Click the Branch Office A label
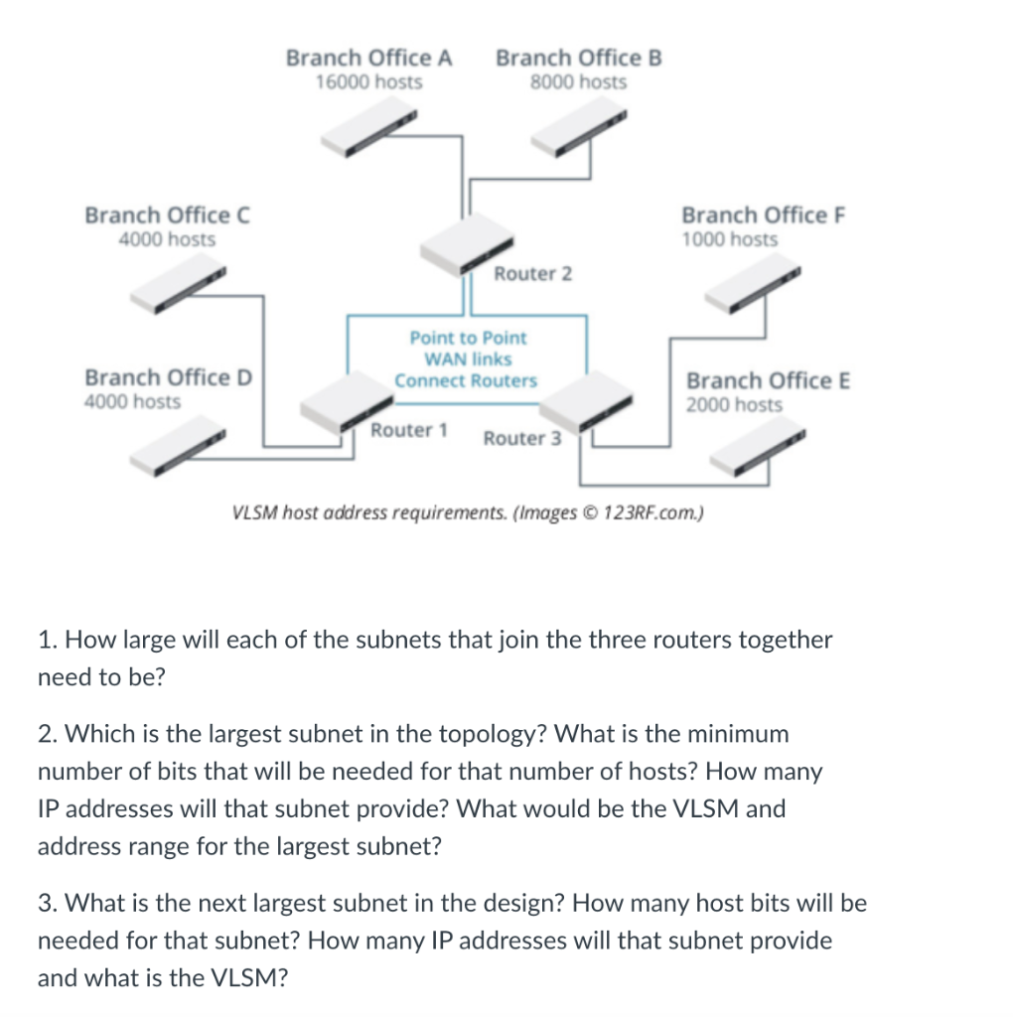click(368, 58)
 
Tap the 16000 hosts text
click(368, 82)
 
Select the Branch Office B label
click(578, 58)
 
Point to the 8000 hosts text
click(578, 82)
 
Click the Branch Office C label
click(167, 216)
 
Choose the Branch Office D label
click(169, 377)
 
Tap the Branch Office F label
click(763, 216)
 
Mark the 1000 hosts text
click(729, 239)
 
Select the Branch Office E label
click(768, 380)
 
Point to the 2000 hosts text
click(733, 405)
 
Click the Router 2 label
click(532, 273)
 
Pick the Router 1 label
click(408, 430)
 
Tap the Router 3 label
click(521, 438)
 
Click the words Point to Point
click(468, 338)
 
